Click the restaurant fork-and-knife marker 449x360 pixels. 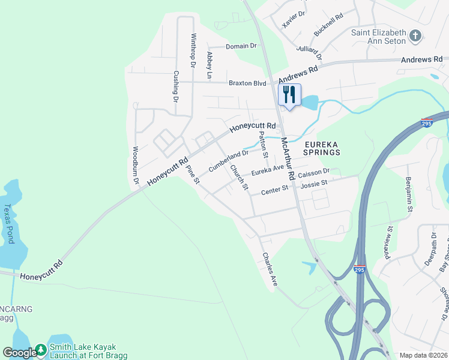[289, 94]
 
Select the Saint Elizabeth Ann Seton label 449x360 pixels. [379, 37]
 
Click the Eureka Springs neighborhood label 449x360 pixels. [322, 148]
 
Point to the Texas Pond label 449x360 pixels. [9, 223]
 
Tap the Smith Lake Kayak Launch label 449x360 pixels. [82, 351]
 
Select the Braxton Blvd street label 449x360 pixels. [246, 83]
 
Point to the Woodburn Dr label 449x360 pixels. [136, 164]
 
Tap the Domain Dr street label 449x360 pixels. [241, 46]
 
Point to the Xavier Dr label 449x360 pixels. [294, 20]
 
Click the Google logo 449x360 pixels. [19, 352]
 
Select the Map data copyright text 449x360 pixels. [423, 355]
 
